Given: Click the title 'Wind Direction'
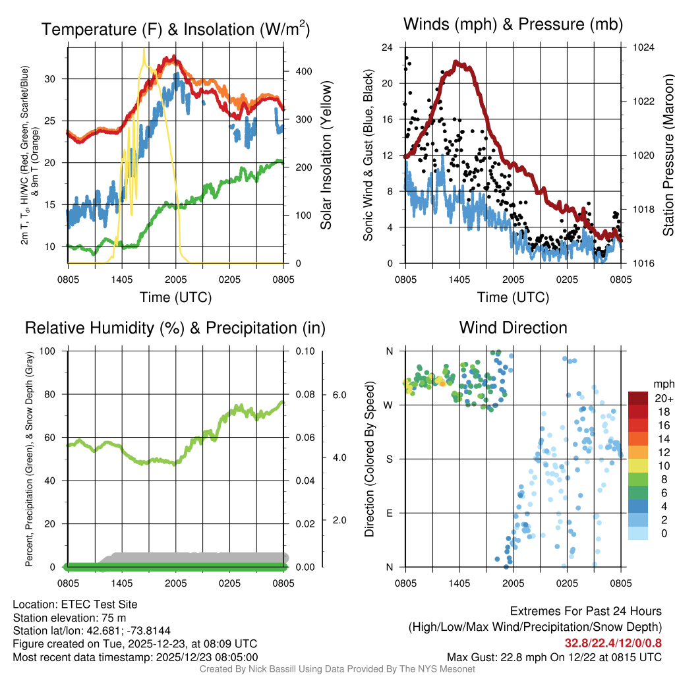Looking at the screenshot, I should click(x=513, y=328).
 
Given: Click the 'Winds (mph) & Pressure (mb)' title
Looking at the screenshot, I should click(x=513, y=25).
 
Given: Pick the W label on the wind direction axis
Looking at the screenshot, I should click(x=390, y=405).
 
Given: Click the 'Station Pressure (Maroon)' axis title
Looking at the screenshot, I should click(x=668, y=156).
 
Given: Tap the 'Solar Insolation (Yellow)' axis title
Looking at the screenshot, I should click(x=326, y=156).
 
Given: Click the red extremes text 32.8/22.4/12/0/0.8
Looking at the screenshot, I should click(x=612, y=643).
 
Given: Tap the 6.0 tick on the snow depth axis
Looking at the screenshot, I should click(x=339, y=395).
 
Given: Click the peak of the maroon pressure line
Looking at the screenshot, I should click(x=455, y=62).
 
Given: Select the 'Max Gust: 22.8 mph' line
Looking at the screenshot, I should click(x=554, y=657).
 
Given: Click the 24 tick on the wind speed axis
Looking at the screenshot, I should click(x=388, y=47).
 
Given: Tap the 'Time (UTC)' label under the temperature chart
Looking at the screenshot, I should click(x=176, y=297).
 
